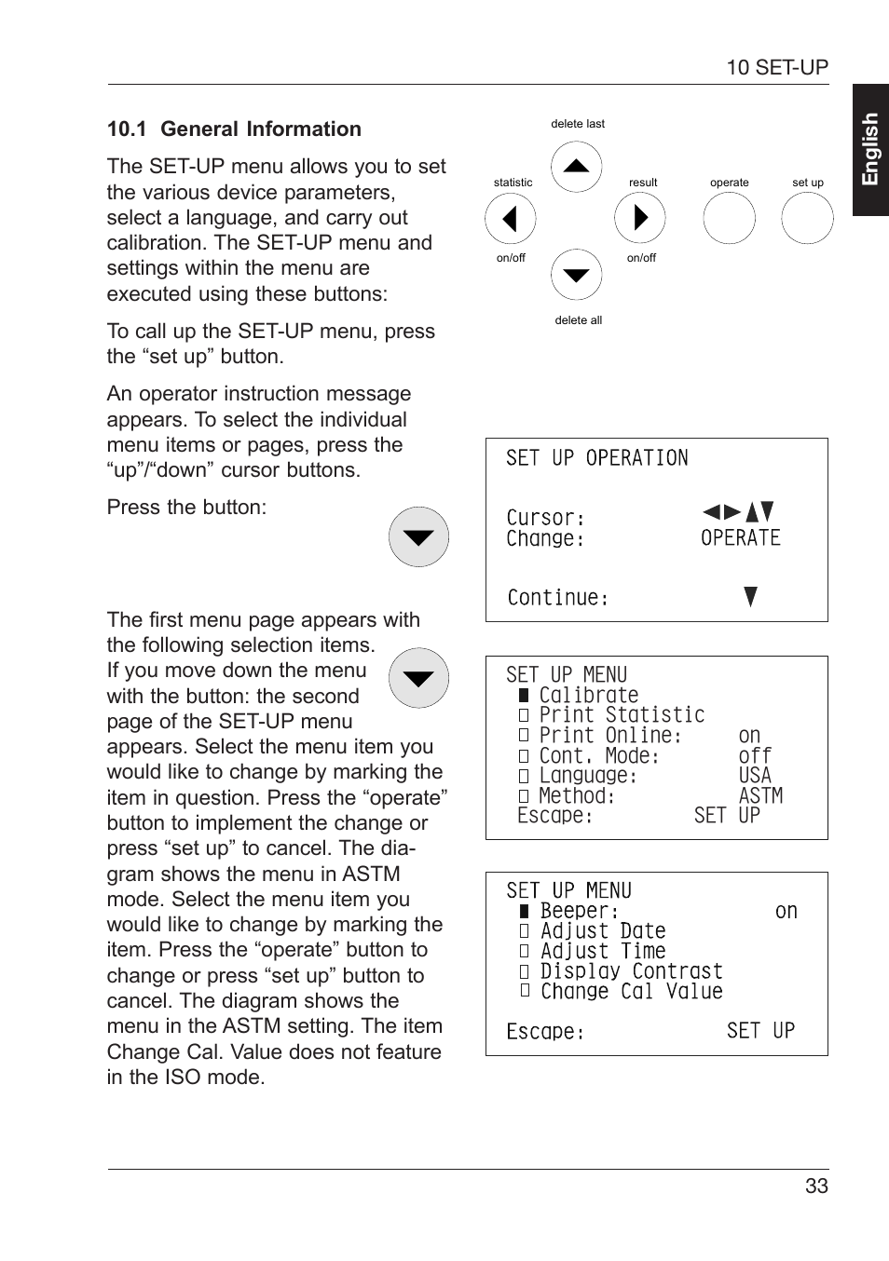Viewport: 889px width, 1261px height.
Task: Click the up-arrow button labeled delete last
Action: [x=576, y=167]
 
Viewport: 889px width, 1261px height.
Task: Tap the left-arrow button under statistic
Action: [x=510, y=219]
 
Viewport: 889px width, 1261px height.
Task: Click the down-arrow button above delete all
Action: [x=576, y=275]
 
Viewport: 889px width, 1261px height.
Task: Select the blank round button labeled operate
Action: [x=729, y=219]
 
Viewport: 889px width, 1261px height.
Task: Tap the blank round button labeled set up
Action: [x=807, y=219]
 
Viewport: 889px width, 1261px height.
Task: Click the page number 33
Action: [x=816, y=1186]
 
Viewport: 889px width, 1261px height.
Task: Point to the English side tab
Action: [x=870, y=150]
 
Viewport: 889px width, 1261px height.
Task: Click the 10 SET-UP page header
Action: [x=776, y=67]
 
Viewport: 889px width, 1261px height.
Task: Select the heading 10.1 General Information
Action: [x=234, y=129]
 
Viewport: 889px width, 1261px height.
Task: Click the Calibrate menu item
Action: [x=588, y=696]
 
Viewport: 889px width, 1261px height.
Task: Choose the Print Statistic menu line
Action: [x=622, y=715]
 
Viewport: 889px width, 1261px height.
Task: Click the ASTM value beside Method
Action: [x=760, y=796]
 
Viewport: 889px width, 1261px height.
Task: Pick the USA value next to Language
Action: [x=755, y=776]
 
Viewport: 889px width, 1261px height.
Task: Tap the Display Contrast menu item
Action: [x=631, y=971]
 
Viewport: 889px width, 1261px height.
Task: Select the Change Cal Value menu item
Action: [x=631, y=992]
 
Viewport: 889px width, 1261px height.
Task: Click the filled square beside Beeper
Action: [x=525, y=911]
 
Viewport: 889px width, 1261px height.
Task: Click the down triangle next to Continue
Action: [x=751, y=597]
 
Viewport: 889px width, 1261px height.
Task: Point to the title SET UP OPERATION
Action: [x=596, y=458]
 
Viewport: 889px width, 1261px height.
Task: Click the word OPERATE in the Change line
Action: [x=740, y=538]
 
